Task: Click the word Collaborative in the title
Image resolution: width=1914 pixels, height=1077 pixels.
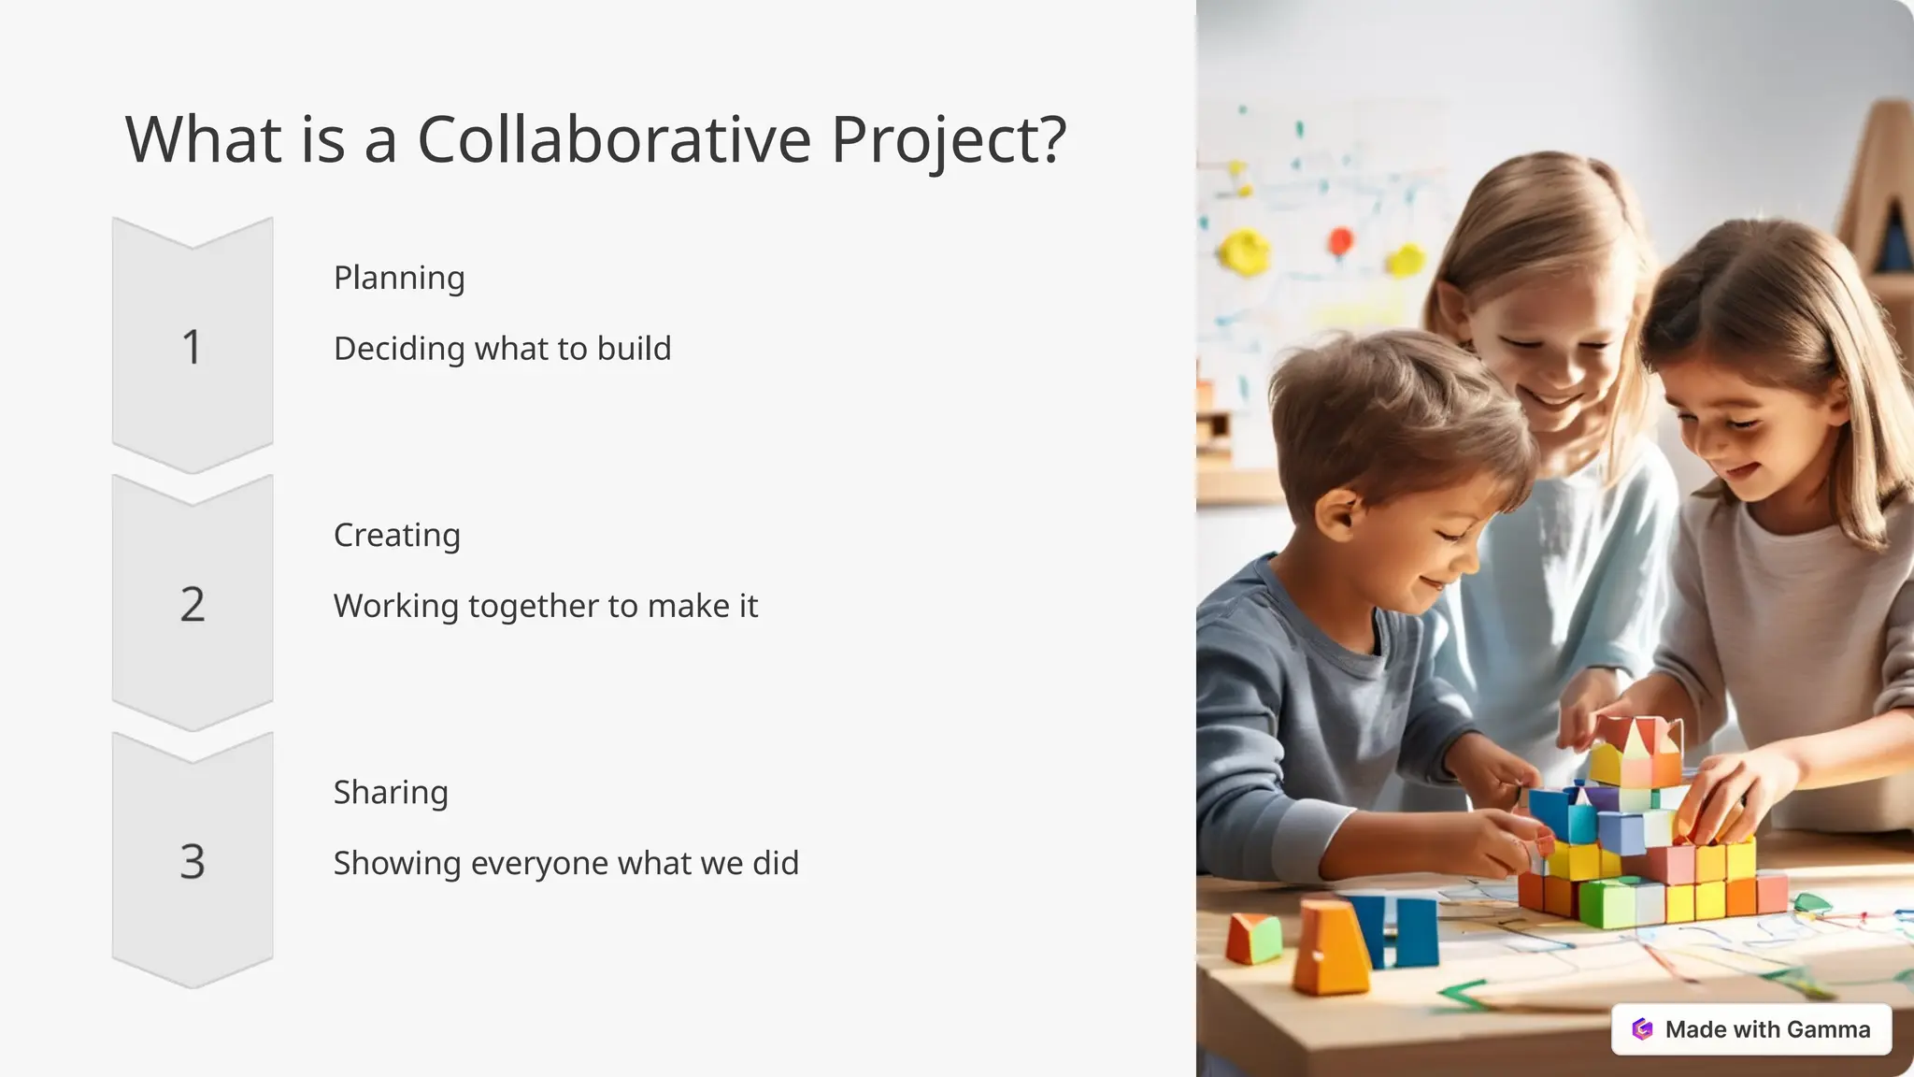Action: (x=614, y=139)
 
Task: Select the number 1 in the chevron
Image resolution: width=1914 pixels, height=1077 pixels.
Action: (x=192, y=348)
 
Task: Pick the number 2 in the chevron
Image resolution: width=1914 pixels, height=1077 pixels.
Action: (x=192, y=605)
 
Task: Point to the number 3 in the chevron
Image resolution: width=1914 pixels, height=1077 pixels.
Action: (x=192, y=861)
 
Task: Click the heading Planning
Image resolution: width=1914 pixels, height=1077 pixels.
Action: (x=399, y=279)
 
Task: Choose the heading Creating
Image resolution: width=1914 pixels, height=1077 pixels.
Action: (x=396, y=536)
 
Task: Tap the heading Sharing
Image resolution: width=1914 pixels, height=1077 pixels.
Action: (x=391, y=793)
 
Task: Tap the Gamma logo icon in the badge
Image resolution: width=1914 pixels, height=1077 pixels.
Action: (x=1642, y=1029)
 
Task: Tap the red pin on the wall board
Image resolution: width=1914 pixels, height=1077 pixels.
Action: (x=1340, y=240)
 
